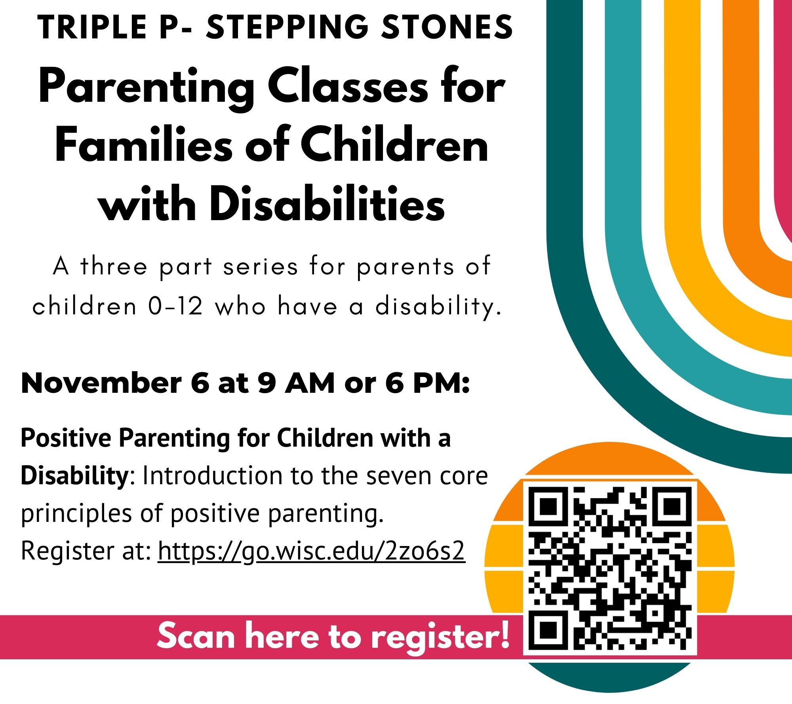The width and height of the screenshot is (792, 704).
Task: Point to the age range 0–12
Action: pyautogui.click(x=175, y=306)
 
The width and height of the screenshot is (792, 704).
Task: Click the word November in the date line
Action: pyautogui.click(x=101, y=383)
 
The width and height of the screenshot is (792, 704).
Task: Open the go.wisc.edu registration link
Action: pyautogui.click(x=311, y=551)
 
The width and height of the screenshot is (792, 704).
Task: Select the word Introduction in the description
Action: pyautogui.click(x=213, y=476)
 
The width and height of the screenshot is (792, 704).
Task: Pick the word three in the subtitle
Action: pyautogui.click(x=114, y=266)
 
